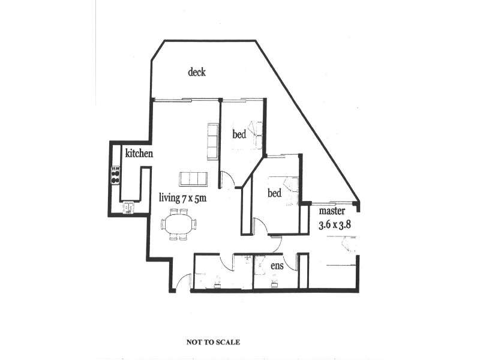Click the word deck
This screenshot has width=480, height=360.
pyautogui.click(x=197, y=72)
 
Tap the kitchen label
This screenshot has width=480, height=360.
pyautogui.click(x=139, y=154)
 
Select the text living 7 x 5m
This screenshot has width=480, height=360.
pyautogui.click(x=182, y=197)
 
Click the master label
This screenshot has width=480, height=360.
pyautogui.click(x=331, y=211)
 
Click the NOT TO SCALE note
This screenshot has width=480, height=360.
pyautogui.click(x=213, y=342)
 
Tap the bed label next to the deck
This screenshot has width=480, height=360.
pyautogui.click(x=239, y=135)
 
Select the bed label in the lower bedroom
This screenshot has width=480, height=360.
pyautogui.click(x=274, y=194)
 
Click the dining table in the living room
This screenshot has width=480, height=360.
pyautogui.click(x=178, y=224)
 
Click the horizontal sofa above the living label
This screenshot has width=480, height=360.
pyautogui.click(x=193, y=179)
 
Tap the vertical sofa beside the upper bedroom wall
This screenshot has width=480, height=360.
pyautogui.click(x=212, y=142)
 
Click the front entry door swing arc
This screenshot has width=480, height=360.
pyautogui.click(x=184, y=281)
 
